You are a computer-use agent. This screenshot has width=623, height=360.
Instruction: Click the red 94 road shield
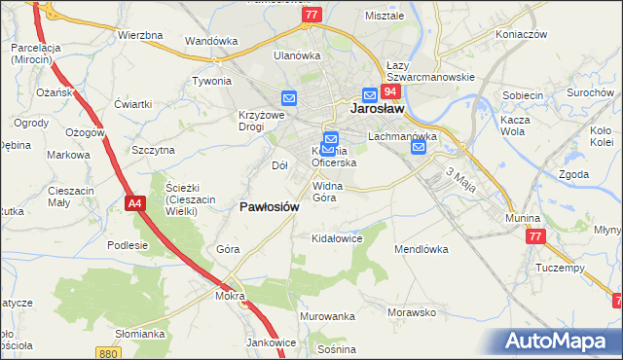pyautogui.click(x=390, y=91)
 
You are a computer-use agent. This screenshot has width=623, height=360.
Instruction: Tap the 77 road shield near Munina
pyautogui.click(x=534, y=236)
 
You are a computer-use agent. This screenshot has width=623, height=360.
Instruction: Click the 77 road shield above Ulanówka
pyautogui.click(x=311, y=15)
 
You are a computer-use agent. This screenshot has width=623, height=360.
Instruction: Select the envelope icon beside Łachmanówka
pyautogui.click(x=419, y=147)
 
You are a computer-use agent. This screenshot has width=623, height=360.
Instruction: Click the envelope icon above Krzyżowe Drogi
pyautogui.click(x=289, y=97)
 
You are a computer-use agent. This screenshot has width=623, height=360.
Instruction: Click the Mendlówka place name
pyautogui.click(x=420, y=249)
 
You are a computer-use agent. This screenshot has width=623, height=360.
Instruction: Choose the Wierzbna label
pyautogui.click(x=139, y=35)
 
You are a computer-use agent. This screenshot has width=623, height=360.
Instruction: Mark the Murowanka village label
pyautogui.click(x=328, y=317)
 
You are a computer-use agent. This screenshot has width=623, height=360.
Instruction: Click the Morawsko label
pyautogui.click(x=410, y=313)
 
